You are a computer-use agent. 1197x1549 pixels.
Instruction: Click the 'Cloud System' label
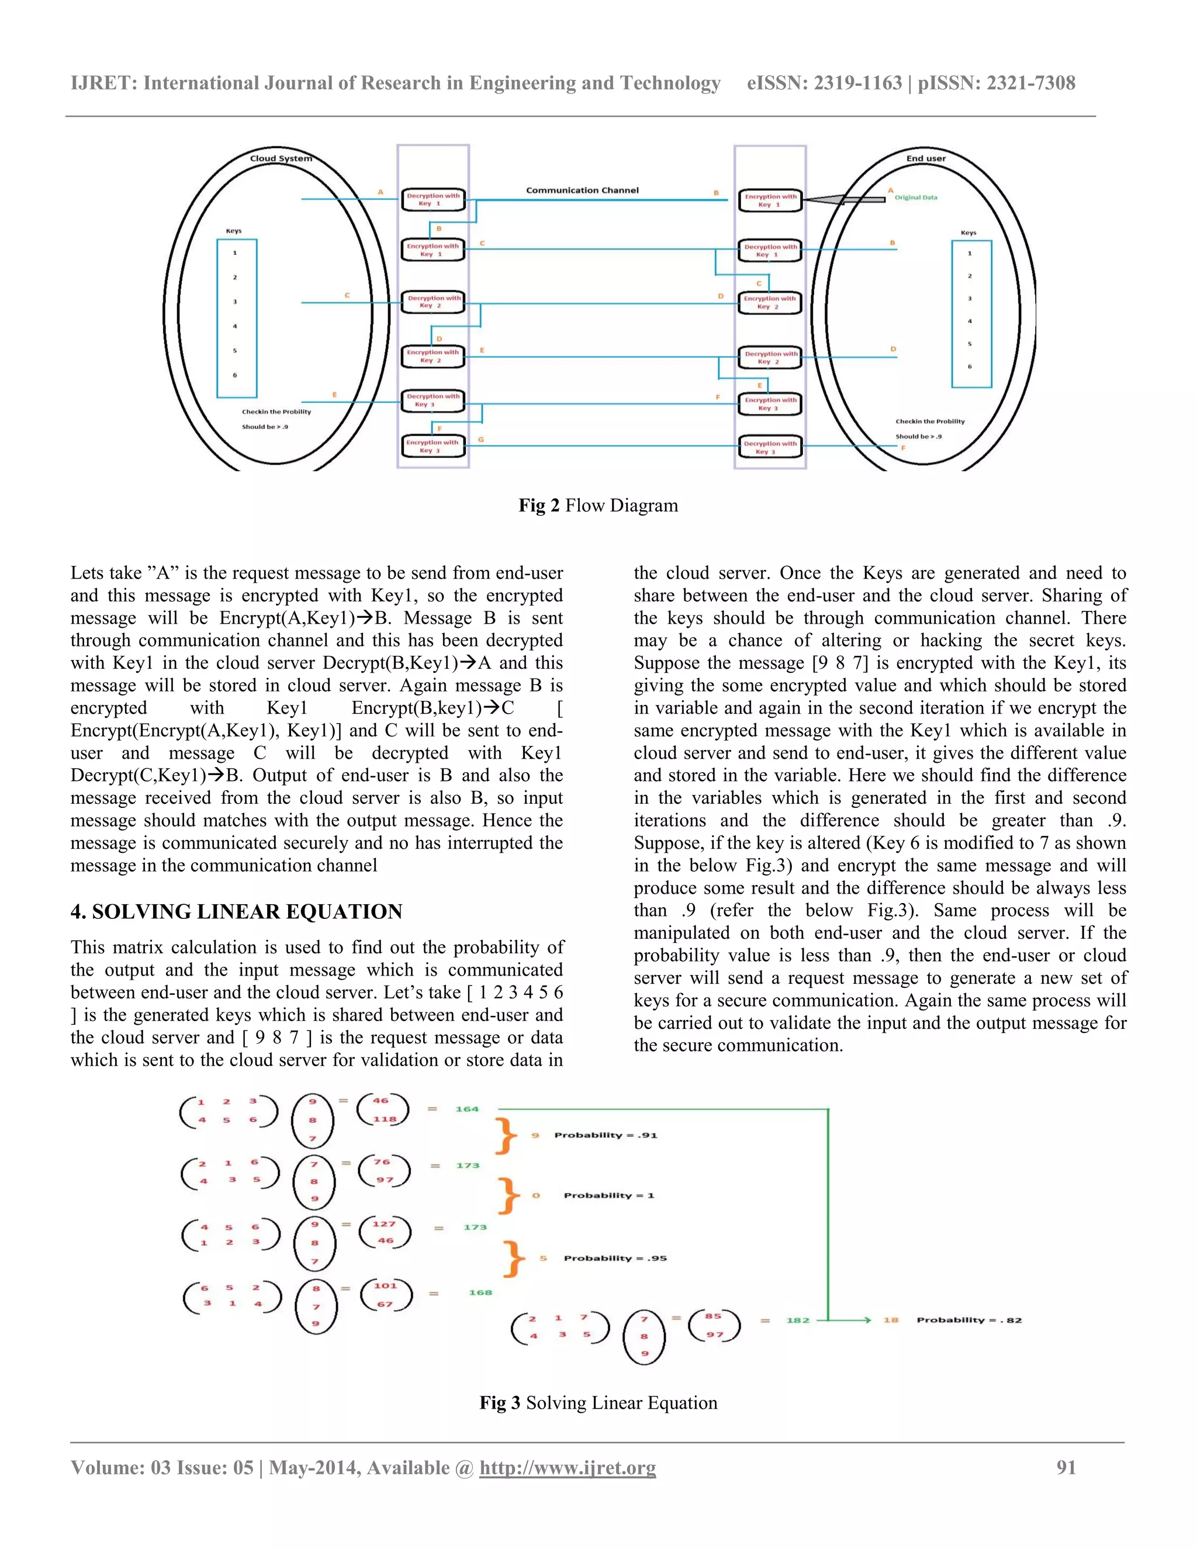point(281,158)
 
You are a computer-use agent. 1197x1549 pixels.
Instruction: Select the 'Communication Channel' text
point(582,190)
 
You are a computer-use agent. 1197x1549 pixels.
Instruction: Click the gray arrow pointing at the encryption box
point(844,200)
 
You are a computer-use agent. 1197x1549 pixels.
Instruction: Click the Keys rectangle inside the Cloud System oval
point(237,318)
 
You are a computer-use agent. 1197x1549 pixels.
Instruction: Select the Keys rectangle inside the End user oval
point(971,313)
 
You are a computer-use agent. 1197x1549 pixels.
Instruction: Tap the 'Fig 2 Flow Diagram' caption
point(598,505)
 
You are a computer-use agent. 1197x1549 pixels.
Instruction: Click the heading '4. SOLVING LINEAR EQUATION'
point(236,911)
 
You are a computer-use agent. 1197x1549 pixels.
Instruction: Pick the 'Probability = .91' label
point(606,1135)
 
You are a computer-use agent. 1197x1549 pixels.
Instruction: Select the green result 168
point(480,1292)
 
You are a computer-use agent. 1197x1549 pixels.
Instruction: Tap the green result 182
point(797,1320)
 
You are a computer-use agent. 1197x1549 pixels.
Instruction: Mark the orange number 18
point(891,1320)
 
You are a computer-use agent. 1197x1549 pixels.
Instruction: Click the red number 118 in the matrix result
point(385,1119)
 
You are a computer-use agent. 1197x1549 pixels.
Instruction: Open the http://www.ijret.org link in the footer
point(568,1467)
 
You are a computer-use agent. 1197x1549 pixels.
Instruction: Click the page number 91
point(1066,1467)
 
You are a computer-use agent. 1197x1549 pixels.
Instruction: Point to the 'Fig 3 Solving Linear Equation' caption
point(598,1402)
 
